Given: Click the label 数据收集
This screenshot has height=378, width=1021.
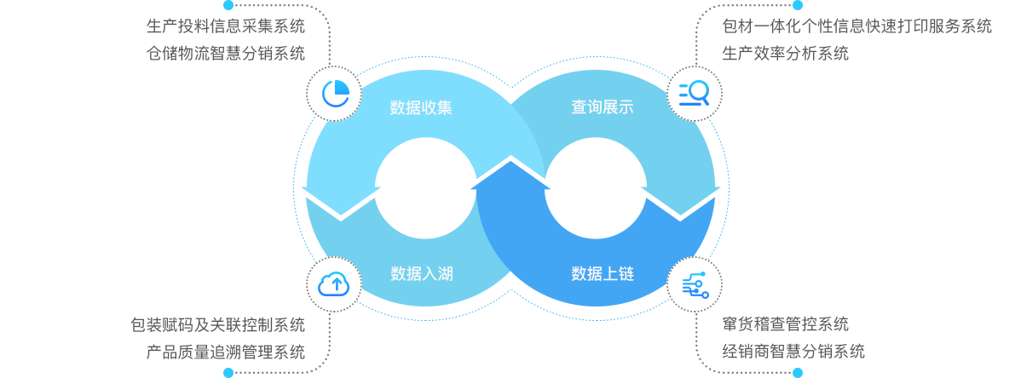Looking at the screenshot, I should pyautogui.click(x=421, y=108).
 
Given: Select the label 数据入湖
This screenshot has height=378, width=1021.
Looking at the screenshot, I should pyautogui.click(x=421, y=274).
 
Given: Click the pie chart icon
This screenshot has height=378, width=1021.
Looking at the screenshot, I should pyautogui.click(x=332, y=93).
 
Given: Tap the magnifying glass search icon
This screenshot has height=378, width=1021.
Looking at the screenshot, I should pyautogui.click(x=694, y=93).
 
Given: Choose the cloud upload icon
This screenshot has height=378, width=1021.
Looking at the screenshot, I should pyautogui.click(x=332, y=284).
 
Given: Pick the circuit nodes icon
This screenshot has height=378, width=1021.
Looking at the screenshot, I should pyautogui.click(x=694, y=284).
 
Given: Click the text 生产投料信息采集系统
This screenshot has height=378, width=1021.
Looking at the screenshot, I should pyautogui.click(x=226, y=26).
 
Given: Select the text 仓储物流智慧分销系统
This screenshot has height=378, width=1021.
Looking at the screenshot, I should pyautogui.click(x=226, y=54).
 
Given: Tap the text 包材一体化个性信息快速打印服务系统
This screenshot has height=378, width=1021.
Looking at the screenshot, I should pyautogui.click(x=857, y=26).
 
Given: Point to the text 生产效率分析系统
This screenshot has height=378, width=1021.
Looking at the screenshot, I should pyautogui.click(x=785, y=54).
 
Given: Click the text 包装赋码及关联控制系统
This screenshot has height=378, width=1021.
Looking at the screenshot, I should pyautogui.click(x=217, y=324).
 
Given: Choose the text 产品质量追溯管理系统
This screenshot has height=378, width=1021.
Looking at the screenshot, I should pyautogui.click(x=226, y=352).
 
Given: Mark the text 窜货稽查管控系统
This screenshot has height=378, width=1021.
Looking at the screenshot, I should pyautogui.click(x=785, y=324).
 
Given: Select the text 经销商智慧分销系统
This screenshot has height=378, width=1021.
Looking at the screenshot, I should pyautogui.click(x=793, y=352).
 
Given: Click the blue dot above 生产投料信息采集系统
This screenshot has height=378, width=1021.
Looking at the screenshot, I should pyautogui.click(x=228, y=5).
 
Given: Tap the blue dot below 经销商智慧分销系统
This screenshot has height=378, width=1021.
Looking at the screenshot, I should pyautogui.click(x=798, y=373).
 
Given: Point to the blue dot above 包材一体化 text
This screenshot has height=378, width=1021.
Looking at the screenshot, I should pyautogui.click(x=798, y=5).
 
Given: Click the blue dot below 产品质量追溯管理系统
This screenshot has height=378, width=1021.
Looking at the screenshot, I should pyautogui.click(x=228, y=373).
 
